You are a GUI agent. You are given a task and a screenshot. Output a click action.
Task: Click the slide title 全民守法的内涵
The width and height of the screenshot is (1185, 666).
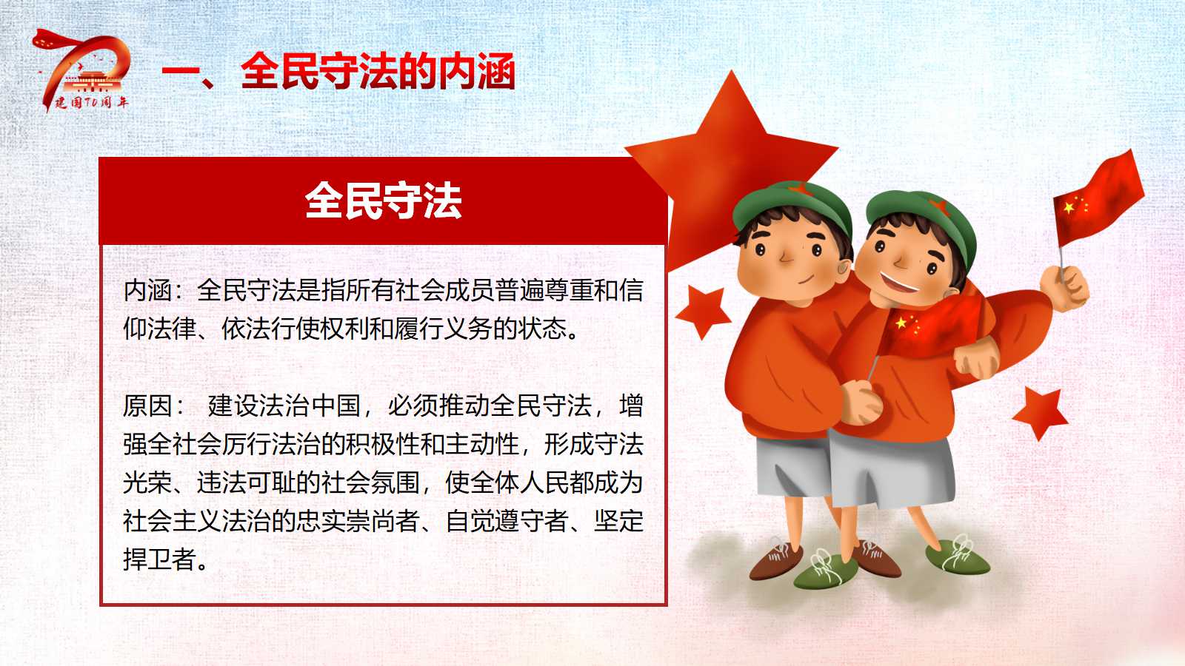pyautogui.click(x=378, y=71)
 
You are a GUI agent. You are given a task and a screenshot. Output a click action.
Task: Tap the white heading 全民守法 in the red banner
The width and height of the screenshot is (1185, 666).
pyautogui.click(x=383, y=201)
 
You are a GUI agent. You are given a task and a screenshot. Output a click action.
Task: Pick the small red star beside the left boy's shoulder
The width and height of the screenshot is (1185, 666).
pyautogui.click(x=703, y=312)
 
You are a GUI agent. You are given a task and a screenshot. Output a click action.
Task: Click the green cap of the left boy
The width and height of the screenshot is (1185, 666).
pyautogui.click(x=792, y=206)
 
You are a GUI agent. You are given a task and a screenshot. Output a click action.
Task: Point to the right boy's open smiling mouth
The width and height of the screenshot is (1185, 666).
pyautogui.click(x=899, y=282)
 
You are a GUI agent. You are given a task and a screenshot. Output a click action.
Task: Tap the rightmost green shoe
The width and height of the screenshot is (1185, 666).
pyautogui.click(x=958, y=556)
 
